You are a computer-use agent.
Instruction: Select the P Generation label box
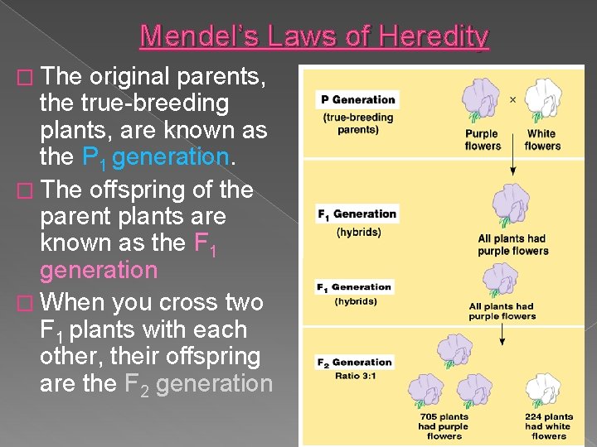tap(357, 99)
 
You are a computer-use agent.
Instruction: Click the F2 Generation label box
tap(355, 362)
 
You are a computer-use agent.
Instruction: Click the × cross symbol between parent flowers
tap(512, 99)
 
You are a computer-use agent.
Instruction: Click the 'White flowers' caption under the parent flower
tap(542, 139)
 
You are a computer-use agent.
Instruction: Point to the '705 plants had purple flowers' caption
tap(444, 425)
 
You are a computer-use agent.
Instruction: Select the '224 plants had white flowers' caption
tap(548, 425)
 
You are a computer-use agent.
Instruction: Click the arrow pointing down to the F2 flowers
tap(502, 334)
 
